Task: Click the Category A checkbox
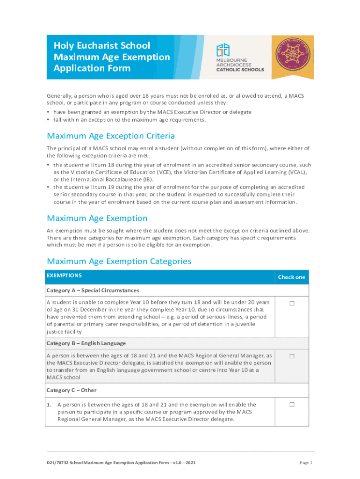point(292,303)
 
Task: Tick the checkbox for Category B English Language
point(292,356)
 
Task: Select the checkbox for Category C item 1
point(292,404)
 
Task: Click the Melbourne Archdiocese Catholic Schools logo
point(239,58)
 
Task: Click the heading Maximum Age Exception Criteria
point(111,136)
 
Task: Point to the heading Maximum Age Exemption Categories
point(119,261)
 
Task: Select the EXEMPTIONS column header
point(64,276)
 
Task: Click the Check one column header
point(291,277)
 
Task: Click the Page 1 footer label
point(305,463)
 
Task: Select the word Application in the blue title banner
point(77,68)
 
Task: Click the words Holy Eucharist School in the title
point(102,45)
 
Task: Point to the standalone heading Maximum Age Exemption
point(97,218)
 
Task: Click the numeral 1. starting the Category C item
point(49,405)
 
